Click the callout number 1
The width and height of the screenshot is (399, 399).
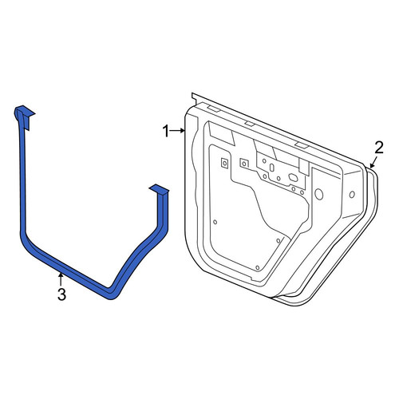click(166, 131)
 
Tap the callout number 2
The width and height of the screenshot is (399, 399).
click(379, 148)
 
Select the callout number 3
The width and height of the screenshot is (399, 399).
click(61, 294)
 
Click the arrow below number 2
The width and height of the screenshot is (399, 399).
click(373, 163)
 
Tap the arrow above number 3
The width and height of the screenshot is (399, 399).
click(61, 280)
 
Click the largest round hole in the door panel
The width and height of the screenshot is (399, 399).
click(318, 195)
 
